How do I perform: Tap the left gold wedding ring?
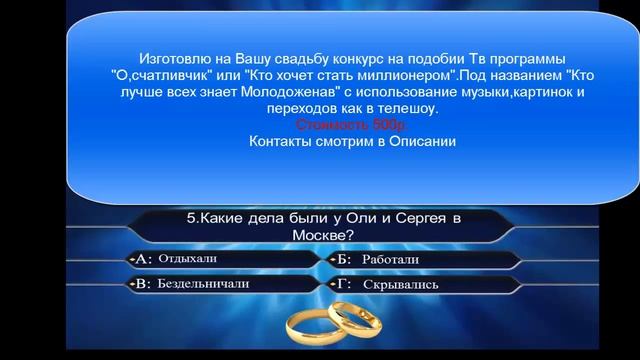pyautogui.click(x=314, y=322)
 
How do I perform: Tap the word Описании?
pyautogui.click(x=421, y=142)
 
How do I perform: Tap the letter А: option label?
pyautogui.click(x=140, y=259)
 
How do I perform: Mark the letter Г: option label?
pyautogui.click(x=344, y=284)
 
